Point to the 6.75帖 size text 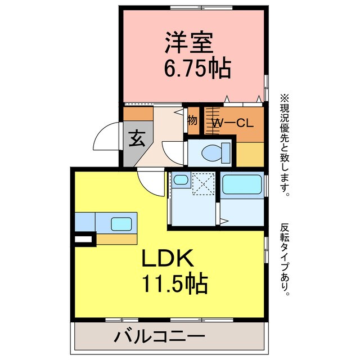(197, 69)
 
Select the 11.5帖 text (175, 283)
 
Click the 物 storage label (192, 120)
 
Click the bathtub (242, 184)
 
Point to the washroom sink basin (181, 180)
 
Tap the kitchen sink (121, 223)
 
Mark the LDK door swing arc (151, 183)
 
